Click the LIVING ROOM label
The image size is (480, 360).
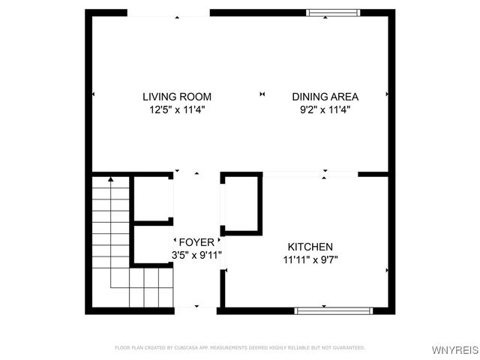pos(177,97)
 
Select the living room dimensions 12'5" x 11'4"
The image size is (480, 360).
pos(177,109)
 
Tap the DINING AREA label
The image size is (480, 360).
pos(325,97)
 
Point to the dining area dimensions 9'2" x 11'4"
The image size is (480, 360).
pos(325,109)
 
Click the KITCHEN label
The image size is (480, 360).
pos(310,247)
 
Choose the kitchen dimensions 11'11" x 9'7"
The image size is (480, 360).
pos(310,259)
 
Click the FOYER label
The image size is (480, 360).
pos(196,242)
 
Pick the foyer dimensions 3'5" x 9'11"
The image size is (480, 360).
pos(196,255)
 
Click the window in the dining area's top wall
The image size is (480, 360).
pos(328,12)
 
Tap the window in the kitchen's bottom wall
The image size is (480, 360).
pos(333,310)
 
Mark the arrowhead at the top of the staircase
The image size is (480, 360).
pos(110,180)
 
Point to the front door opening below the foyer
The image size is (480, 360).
pos(196,307)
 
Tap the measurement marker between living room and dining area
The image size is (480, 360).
pos(262,94)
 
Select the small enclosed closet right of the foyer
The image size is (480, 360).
pos(241,203)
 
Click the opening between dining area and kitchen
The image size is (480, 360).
pos(310,174)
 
